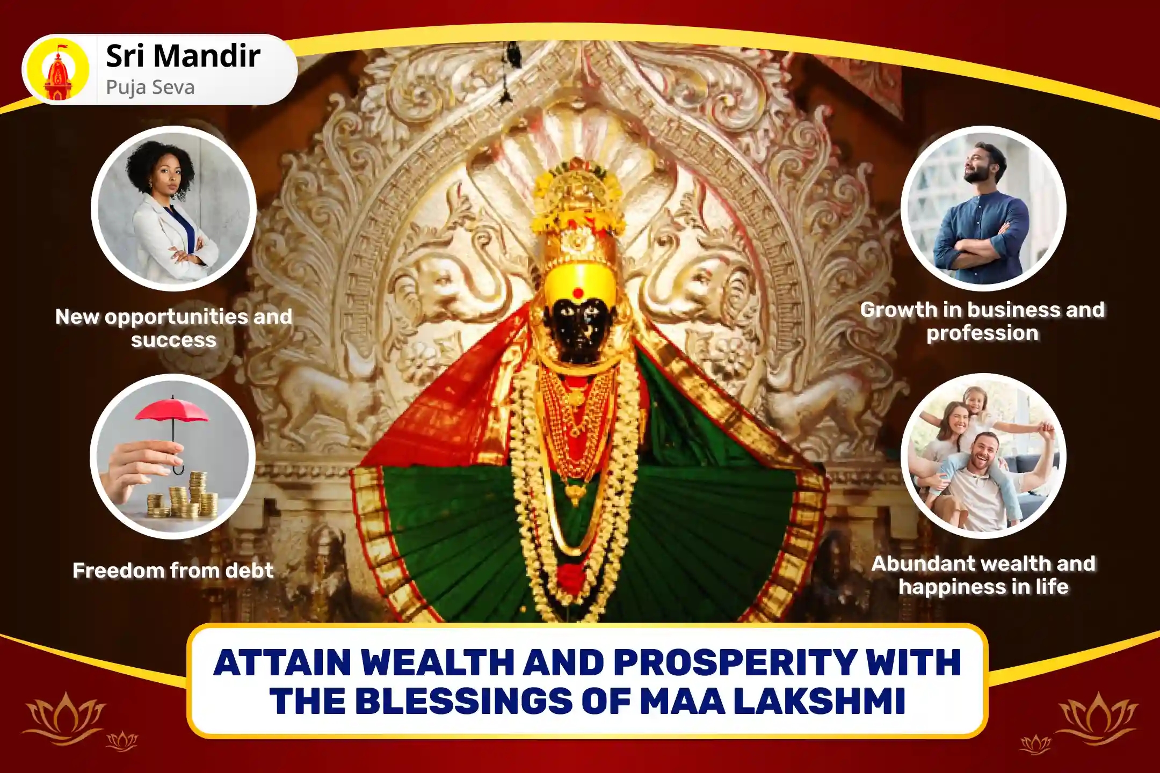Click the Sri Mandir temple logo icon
58,70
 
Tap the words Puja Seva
150,87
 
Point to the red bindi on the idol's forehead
577,293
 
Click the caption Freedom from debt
173,570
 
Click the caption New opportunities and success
173,328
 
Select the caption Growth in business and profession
982,321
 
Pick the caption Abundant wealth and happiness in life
983,575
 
